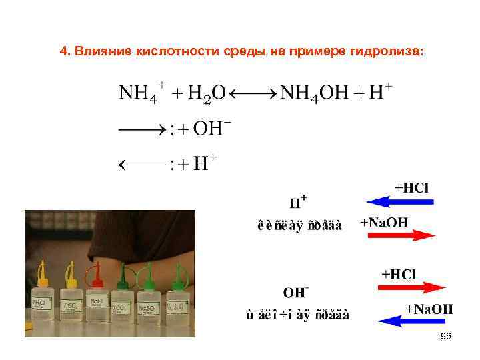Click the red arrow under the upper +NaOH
click(398, 234)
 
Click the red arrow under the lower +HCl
click(411, 287)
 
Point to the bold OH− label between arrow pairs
click(295, 291)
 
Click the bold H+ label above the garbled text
click(298, 201)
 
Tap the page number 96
click(446, 337)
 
